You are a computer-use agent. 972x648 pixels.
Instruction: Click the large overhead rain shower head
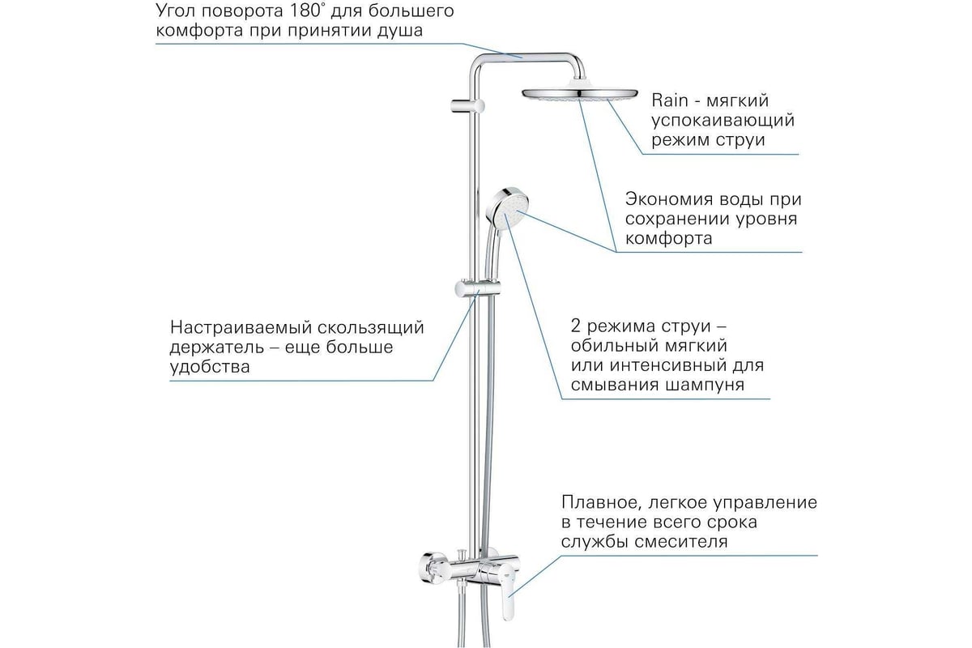(x=580, y=92)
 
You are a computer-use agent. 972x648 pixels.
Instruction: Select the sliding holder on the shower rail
(x=477, y=288)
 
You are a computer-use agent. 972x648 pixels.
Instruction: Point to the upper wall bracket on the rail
(x=467, y=106)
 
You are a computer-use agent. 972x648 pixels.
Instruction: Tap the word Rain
(x=670, y=100)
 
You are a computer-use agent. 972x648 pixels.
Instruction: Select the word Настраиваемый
(x=240, y=327)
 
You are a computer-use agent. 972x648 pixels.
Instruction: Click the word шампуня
(x=705, y=385)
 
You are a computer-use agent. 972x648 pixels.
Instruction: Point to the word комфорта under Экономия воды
(x=669, y=239)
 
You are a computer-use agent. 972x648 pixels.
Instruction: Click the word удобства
(x=210, y=367)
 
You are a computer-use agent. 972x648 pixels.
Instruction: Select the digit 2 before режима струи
(x=575, y=326)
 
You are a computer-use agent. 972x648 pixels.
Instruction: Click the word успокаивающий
(x=723, y=120)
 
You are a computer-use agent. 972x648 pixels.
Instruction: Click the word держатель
(x=216, y=347)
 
